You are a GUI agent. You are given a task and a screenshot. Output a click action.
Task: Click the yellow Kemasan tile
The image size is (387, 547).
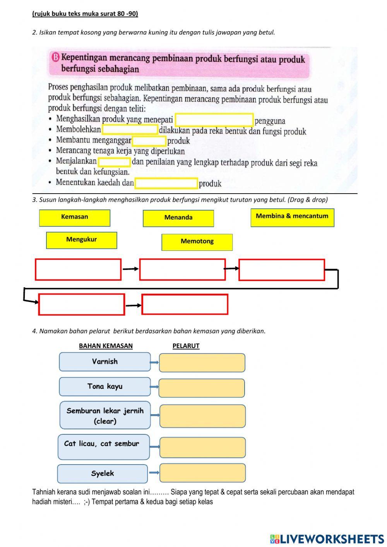click(x=74, y=218)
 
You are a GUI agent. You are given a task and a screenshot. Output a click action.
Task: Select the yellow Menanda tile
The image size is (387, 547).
click(x=178, y=218)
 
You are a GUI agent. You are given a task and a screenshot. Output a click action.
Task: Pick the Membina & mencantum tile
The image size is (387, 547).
click(x=292, y=217)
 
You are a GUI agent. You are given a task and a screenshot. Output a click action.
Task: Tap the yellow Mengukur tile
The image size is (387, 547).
click(x=81, y=240)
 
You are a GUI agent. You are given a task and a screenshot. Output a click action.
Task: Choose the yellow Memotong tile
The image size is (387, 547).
click(x=197, y=242)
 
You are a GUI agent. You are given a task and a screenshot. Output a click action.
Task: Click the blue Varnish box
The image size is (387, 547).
click(x=104, y=362)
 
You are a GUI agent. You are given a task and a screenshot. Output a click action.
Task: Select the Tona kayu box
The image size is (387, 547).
click(x=104, y=386)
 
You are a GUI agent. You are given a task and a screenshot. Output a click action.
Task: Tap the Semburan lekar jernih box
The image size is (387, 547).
click(x=105, y=415)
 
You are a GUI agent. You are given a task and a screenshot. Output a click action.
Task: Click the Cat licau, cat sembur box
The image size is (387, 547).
click(x=103, y=447)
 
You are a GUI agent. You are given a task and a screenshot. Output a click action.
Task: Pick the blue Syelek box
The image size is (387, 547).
click(x=103, y=473)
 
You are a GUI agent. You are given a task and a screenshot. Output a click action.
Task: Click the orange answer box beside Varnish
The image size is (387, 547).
click(x=202, y=363)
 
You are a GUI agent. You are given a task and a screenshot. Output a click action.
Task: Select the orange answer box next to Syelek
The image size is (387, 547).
click(x=202, y=473)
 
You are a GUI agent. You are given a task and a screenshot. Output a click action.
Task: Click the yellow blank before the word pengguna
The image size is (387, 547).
click(x=214, y=120)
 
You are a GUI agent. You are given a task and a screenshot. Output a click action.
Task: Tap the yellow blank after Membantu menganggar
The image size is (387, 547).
click(x=149, y=141)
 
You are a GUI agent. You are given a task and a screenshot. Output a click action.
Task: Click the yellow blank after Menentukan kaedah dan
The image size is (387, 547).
click(x=166, y=183)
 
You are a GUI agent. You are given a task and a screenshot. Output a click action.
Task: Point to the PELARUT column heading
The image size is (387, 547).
click(x=186, y=346)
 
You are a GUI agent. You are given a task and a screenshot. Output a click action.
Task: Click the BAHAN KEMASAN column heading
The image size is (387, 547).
click(x=106, y=346)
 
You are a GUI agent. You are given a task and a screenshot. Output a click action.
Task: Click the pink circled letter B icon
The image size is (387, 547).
click(x=55, y=58)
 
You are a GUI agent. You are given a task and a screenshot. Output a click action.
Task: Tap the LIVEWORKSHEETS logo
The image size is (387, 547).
click(x=327, y=538)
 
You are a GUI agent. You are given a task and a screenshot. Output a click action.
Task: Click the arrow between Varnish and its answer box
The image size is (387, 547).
click(x=154, y=362)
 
